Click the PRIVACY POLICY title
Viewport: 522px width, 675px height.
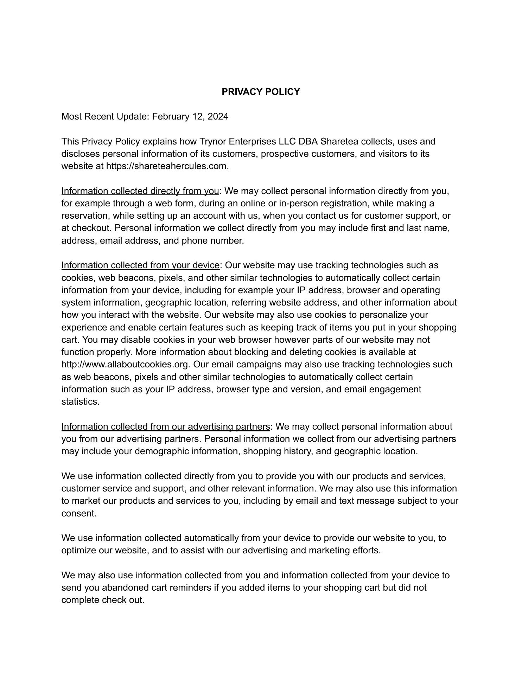point(261,92)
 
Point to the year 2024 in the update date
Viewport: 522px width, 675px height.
point(218,116)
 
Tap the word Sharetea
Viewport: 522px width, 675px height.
point(339,141)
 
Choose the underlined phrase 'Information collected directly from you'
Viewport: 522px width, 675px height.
point(140,191)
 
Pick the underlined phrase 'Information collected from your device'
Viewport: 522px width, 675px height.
point(140,265)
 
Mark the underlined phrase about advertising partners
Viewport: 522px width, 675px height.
point(166,426)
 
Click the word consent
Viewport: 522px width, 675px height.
point(78,513)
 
